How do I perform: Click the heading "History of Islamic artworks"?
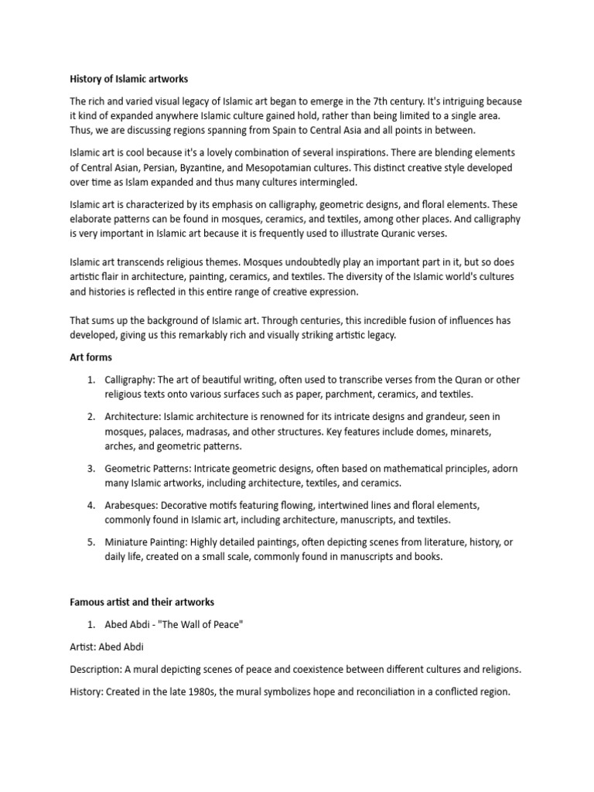[129, 79]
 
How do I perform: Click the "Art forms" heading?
[90, 357]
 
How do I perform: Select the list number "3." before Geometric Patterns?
[91, 469]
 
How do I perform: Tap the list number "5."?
[91, 543]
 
